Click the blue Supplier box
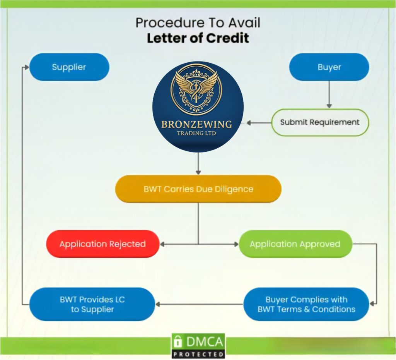69,67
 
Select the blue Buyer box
329,67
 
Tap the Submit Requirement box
320,122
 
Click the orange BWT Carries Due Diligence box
198,189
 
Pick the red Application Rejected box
102,244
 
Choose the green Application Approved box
295,244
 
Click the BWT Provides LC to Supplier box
92,304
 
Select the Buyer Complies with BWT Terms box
306,304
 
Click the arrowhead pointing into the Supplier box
26,67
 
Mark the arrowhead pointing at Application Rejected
163,244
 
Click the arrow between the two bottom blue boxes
199,304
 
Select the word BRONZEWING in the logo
196,125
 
